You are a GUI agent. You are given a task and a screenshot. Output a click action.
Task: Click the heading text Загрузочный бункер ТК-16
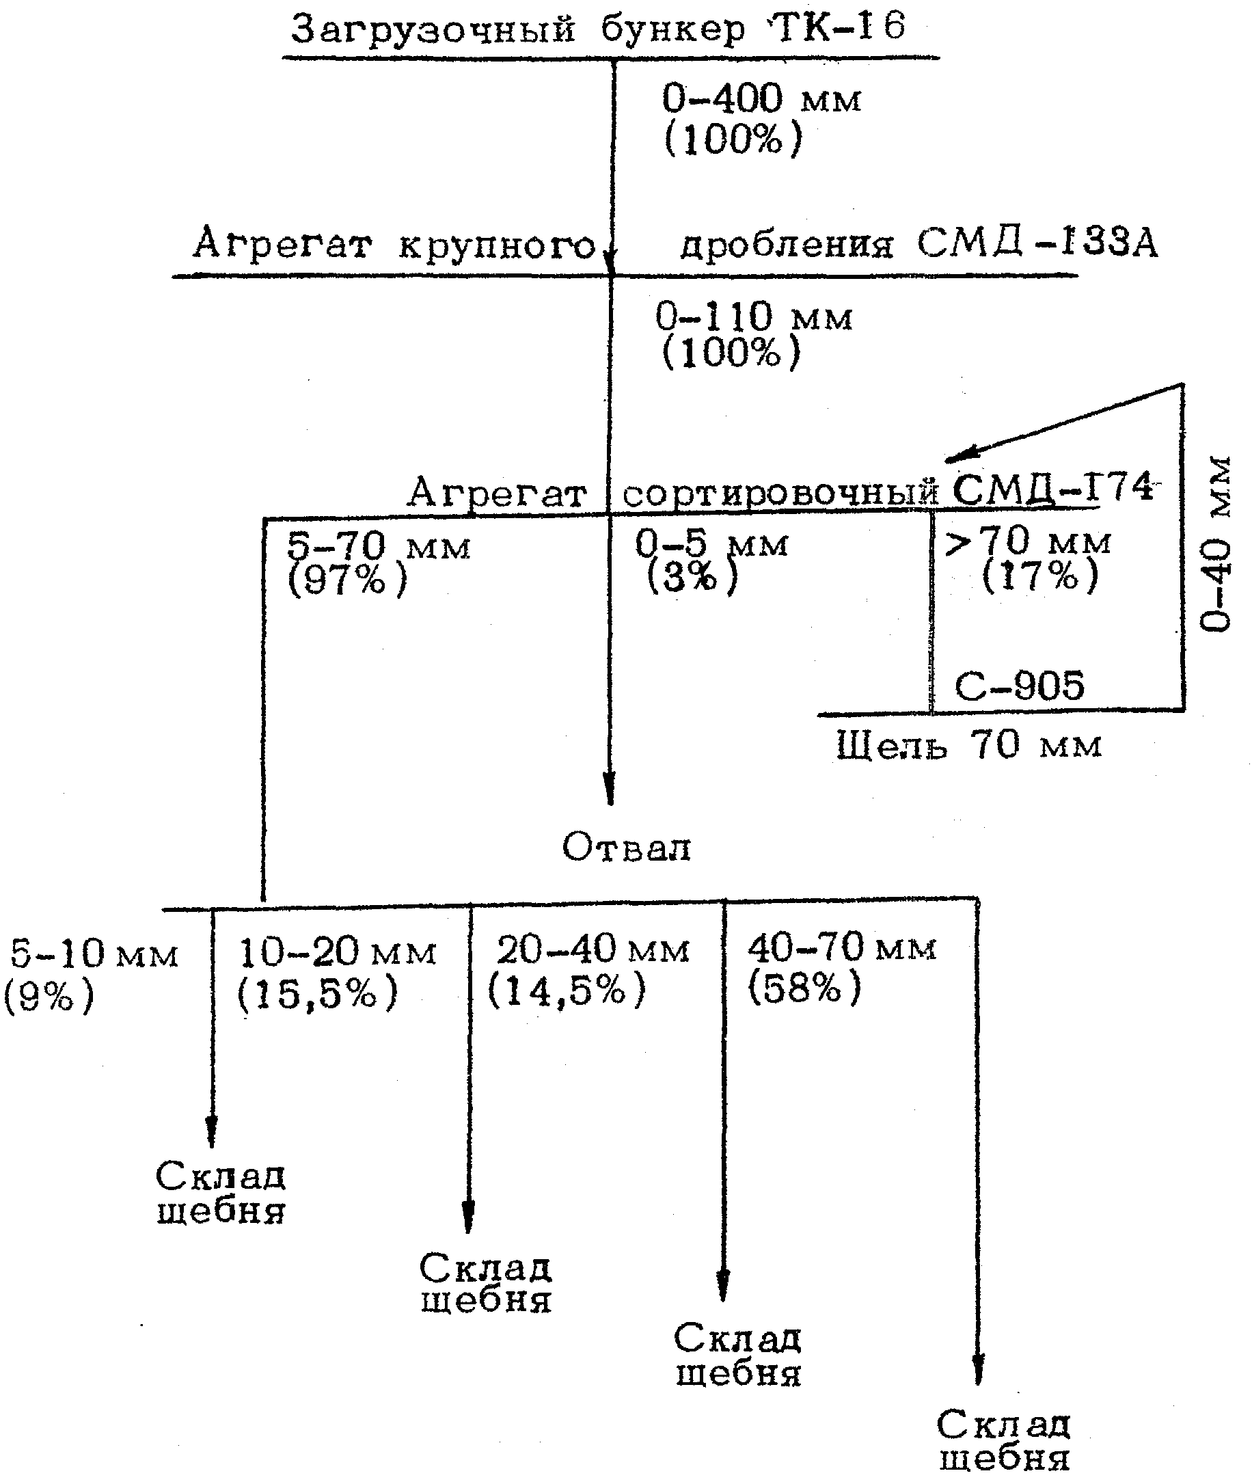click(598, 30)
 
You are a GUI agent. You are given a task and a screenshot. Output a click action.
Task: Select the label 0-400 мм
click(761, 98)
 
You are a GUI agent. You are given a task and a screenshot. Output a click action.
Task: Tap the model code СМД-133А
click(1037, 243)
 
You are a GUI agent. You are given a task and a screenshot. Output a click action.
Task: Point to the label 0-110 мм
click(754, 316)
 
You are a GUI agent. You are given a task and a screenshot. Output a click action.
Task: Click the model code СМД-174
click(1052, 487)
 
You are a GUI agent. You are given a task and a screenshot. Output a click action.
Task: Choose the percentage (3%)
click(693, 576)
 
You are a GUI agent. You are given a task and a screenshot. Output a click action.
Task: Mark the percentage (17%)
click(1039, 574)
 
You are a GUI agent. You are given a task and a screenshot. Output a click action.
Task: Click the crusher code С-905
click(1020, 686)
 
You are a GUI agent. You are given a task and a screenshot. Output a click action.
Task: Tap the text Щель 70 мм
click(969, 745)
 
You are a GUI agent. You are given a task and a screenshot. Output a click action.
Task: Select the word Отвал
click(626, 847)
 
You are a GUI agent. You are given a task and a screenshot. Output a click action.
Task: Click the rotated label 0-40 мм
click(1216, 543)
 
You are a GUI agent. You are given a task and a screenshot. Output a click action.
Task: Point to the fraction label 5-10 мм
click(94, 952)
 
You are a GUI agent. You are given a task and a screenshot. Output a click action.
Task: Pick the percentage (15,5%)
click(317, 993)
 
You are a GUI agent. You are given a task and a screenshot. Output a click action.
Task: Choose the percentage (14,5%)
click(567, 988)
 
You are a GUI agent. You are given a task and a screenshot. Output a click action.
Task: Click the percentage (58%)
click(804, 986)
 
